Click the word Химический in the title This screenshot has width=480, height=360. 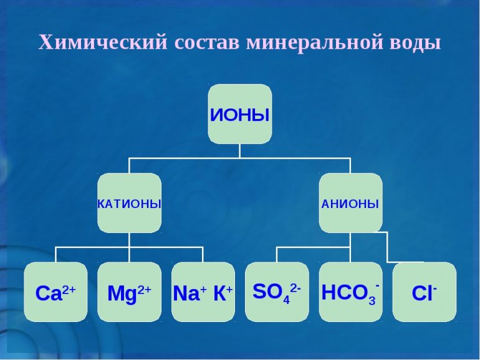coord(103,42)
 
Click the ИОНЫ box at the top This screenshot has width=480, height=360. coord(240,114)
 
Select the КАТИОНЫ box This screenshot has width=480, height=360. coord(129,203)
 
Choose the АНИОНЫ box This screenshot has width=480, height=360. coord(350,203)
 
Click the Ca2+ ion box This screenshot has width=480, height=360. coord(55,291)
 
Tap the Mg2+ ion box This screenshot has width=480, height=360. coord(129,291)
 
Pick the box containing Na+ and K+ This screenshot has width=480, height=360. coord(203,291)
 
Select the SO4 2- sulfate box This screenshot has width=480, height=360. coord(277,291)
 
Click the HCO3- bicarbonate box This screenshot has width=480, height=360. coord(350,291)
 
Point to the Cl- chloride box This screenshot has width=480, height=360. coord(425,291)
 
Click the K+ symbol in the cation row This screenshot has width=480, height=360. coord(223,293)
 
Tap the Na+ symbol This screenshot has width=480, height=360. coord(190,293)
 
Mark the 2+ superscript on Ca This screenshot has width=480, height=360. coord(69,290)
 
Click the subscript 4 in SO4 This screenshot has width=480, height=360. coord(286,299)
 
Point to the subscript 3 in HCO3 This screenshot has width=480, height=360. coord(372,300)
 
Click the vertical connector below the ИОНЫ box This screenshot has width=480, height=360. coord(240,151)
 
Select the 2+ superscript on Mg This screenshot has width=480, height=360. coord(144,290)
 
